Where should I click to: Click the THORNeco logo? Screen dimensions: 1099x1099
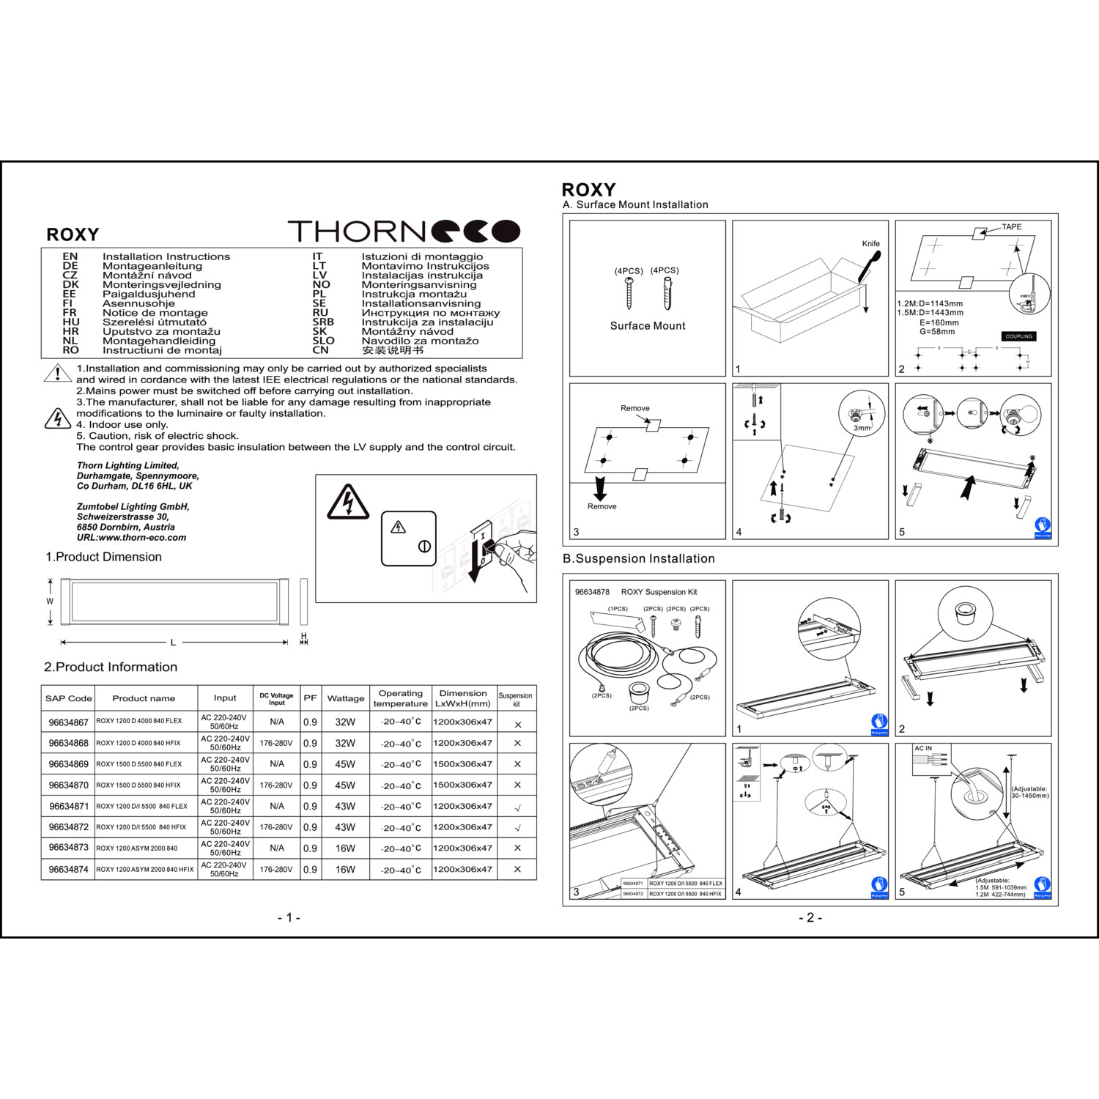point(404,231)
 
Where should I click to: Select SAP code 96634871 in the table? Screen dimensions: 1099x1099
point(69,806)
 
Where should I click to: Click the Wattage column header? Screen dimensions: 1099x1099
point(346,698)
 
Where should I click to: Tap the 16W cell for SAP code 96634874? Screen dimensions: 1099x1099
point(345,870)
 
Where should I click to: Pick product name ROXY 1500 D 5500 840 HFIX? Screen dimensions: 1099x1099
point(138,785)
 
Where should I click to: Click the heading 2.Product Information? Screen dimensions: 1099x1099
point(111,667)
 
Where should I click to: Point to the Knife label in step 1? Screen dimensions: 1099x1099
point(870,244)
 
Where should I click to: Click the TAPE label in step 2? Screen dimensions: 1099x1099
point(1011,227)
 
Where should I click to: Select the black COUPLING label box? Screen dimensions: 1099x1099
point(1019,336)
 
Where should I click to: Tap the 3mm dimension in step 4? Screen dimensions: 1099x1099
point(862,428)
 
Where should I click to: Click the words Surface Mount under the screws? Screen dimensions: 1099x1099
point(648,326)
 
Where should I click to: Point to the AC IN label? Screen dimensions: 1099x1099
point(923,749)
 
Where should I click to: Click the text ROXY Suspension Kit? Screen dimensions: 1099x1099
point(659,592)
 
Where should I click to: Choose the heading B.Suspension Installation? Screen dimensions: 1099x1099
point(638,558)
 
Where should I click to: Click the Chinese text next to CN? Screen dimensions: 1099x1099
point(392,350)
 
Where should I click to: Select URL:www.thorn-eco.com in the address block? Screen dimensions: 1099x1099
point(131,538)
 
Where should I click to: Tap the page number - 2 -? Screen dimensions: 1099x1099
point(810,917)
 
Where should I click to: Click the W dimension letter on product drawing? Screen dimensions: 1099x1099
point(50,602)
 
